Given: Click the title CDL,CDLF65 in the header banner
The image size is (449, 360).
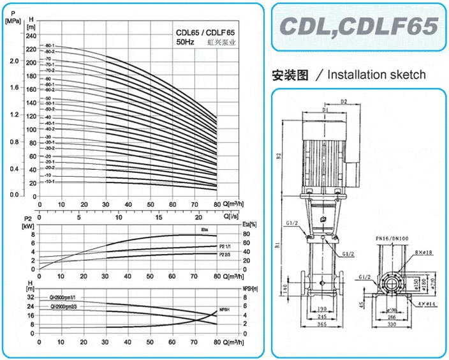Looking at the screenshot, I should pyautogui.click(x=360, y=26).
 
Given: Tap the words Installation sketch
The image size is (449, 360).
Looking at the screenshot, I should pyautogui.click(x=376, y=75).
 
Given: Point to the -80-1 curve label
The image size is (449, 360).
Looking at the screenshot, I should pyautogui.click(x=49, y=46).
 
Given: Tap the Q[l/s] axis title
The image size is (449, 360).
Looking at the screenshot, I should pyautogui.click(x=230, y=215).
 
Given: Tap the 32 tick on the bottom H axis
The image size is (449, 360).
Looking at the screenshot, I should pyautogui.click(x=31, y=297).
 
